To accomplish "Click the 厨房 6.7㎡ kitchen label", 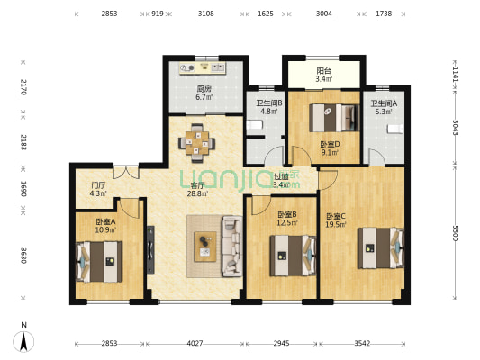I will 204,94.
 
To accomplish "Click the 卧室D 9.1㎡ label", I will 330,148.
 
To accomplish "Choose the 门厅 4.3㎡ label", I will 98,189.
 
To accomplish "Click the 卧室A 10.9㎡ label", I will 106,226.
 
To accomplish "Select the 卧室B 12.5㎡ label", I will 287,218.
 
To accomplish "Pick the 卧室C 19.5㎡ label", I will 336,220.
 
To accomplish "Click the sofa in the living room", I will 231,245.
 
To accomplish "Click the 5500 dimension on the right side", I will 455,233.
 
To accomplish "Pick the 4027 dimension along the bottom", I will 195,343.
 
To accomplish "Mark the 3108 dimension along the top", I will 205,14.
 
